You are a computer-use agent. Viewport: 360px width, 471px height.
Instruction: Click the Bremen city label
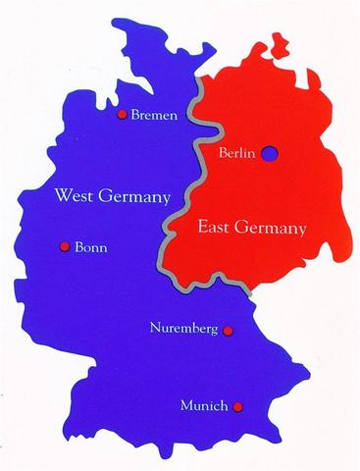[155, 116]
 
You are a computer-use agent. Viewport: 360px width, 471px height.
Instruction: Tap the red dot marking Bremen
[122, 115]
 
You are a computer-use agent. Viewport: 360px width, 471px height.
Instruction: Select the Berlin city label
[239, 153]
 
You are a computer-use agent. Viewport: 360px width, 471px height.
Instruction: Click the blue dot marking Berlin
[271, 153]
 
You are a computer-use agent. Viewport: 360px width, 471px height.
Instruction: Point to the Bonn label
[91, 247]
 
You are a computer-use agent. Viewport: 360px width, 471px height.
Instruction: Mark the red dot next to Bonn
[65, 246]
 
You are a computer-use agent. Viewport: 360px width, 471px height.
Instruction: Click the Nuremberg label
[183, 328]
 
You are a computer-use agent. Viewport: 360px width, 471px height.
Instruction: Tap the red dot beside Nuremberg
[228, 331]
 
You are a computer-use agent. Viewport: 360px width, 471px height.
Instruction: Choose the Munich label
[205, 405]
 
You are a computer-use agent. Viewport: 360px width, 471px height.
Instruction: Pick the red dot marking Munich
[237, 405]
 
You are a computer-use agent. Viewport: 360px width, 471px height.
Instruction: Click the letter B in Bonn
[79, 247]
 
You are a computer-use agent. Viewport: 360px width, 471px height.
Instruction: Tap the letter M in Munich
[187, 405]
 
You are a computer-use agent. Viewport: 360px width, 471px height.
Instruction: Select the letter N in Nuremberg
[154, 328]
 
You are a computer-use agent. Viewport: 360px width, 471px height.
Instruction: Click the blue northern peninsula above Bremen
[147, 54]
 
